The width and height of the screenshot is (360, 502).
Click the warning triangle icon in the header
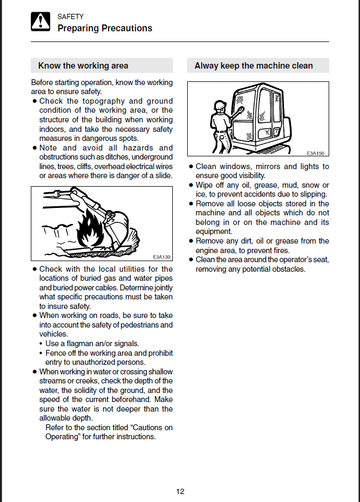point(40,22)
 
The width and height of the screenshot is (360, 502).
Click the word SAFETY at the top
point(70,17)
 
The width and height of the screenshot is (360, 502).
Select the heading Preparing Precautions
point(105,28)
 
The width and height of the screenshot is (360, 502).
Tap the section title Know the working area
point(83,66)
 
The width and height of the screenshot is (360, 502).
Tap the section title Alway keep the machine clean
point(254,66)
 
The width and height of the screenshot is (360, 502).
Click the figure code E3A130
point(161,256)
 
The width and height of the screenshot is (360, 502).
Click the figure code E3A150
point(315,153)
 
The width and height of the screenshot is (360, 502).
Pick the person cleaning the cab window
point(220,122)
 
